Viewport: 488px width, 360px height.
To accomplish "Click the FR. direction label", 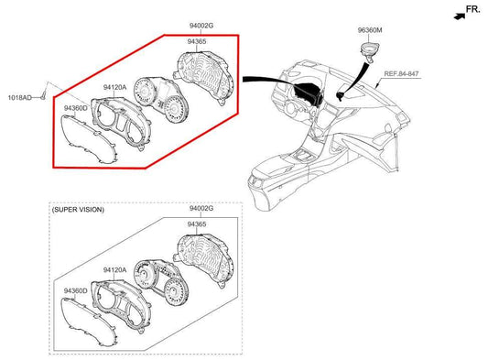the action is point(473,9).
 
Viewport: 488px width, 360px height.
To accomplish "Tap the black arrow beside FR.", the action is point(460,16).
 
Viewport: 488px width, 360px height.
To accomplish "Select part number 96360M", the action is point(370,30).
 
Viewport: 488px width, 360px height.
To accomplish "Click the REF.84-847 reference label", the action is point(401,74).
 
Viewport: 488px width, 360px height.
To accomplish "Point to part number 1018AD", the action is point(19,98).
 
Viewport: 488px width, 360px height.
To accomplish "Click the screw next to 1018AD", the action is point(43,96).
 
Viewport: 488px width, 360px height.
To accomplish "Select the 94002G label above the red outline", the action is point(201,26).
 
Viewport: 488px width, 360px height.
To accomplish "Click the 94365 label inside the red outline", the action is point(197,41).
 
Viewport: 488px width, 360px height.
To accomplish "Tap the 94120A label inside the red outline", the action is point(114,88).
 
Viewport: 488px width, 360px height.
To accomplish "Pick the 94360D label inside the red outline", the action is point(76,108).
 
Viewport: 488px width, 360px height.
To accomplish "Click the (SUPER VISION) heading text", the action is point(78,210).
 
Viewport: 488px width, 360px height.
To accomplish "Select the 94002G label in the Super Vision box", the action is point(201,208).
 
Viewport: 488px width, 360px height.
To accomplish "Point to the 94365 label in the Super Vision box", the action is point(197,224).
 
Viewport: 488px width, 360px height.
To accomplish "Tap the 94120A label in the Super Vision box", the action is point(114,270).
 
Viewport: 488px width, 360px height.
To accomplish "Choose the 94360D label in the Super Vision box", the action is point(76,290).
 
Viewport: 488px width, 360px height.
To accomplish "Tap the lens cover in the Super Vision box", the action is point(89,322).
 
